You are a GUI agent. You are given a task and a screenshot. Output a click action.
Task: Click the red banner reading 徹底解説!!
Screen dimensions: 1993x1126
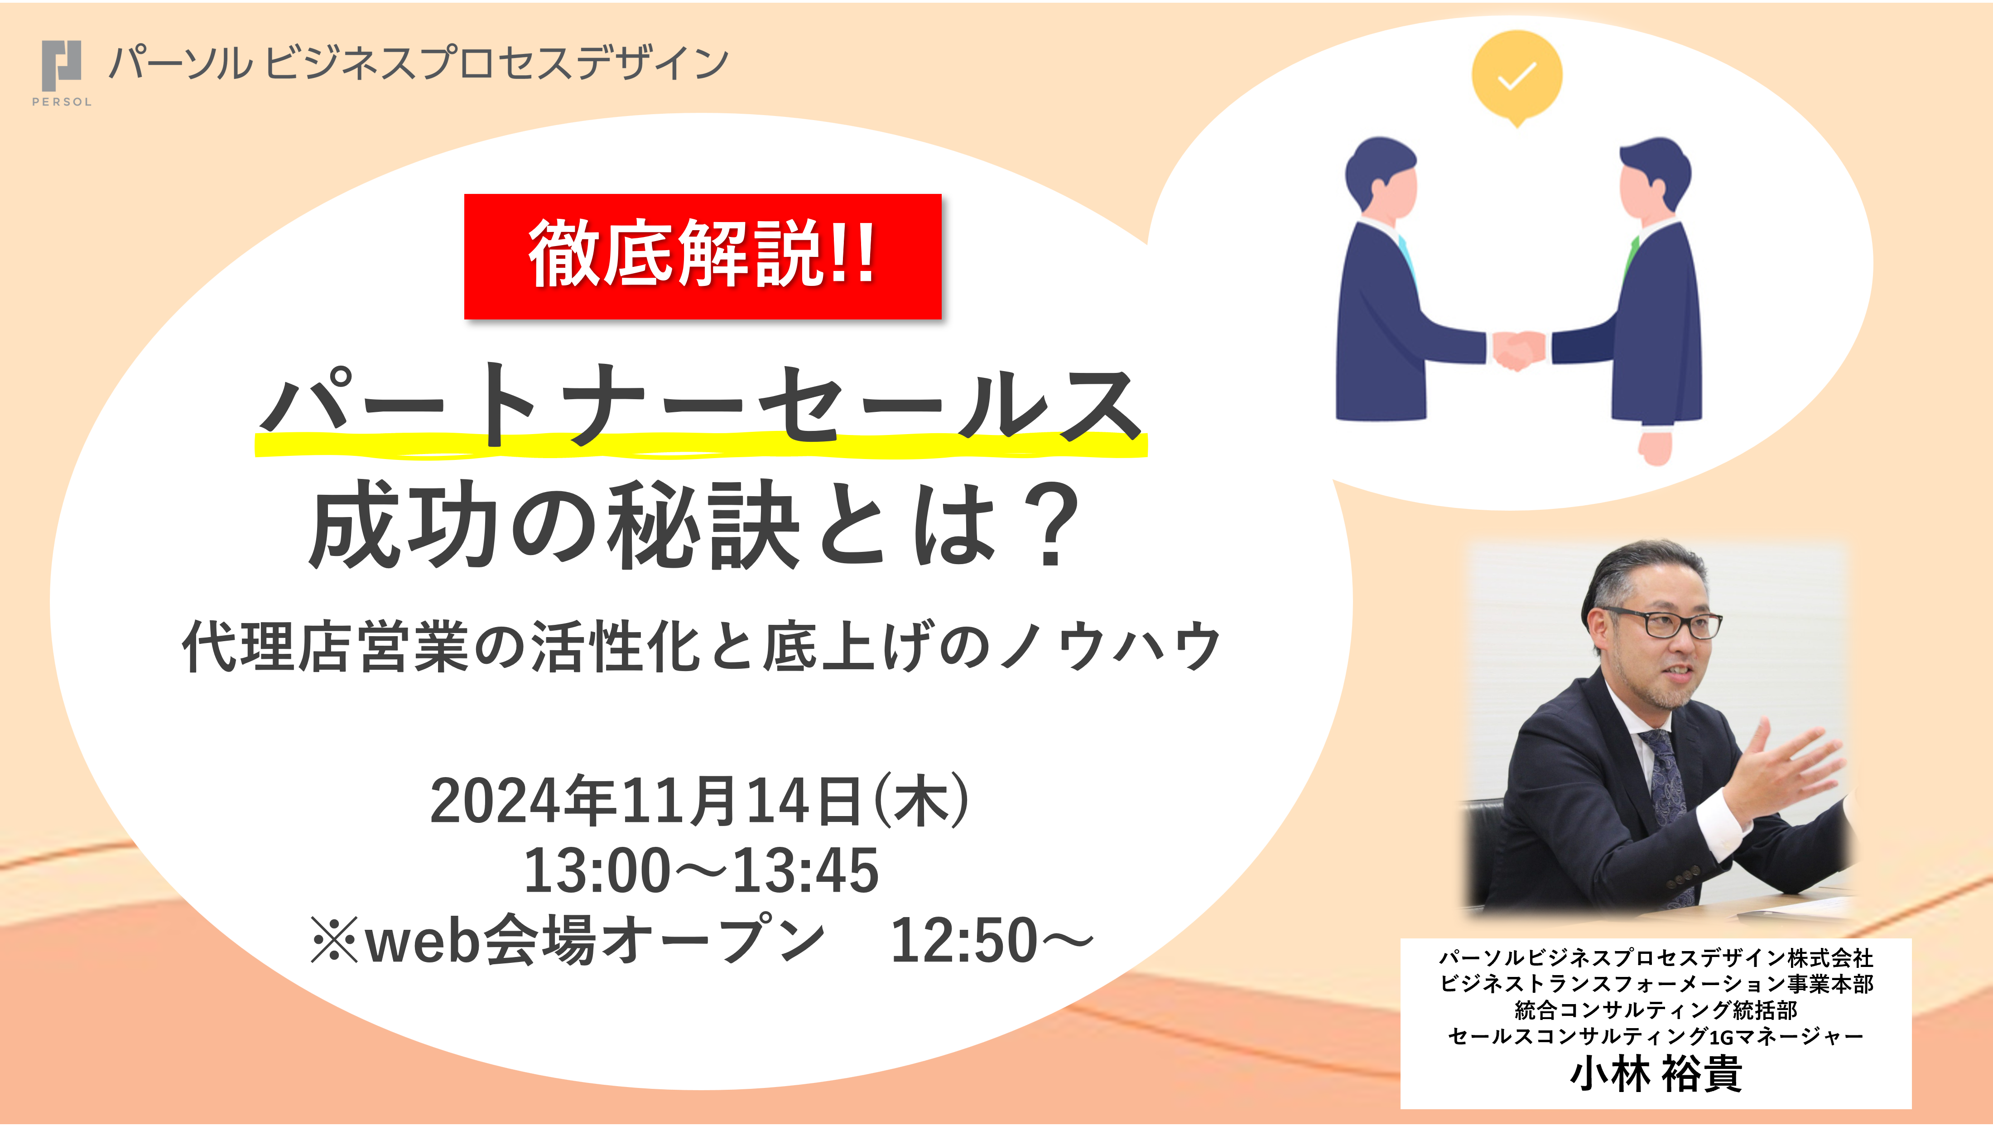coord(703,256)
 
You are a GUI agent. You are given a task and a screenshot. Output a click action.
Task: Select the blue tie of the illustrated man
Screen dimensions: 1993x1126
coord(1406,256)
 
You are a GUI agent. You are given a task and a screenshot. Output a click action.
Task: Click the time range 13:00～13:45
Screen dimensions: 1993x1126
coord(701,870)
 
